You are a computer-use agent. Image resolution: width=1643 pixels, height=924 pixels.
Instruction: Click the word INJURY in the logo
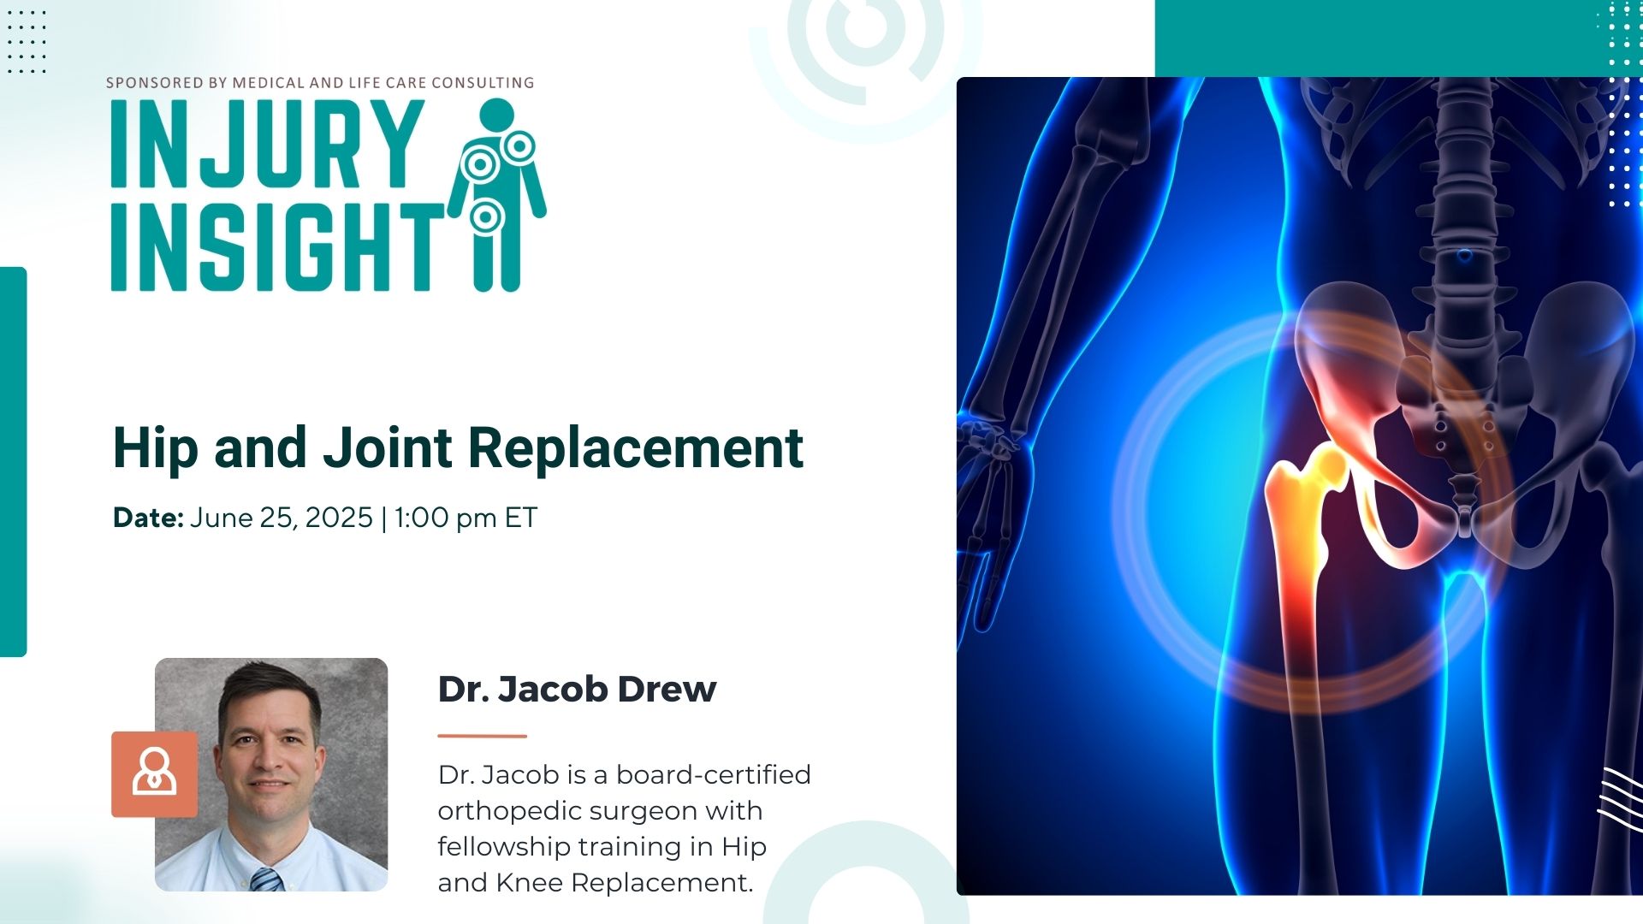[268, 144]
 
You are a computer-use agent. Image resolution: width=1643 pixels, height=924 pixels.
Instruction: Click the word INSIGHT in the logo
[278, 246]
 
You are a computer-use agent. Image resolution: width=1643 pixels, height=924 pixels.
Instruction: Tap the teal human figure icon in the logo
[496, 194]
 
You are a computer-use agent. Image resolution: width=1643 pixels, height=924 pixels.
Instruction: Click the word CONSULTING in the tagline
[483, 83]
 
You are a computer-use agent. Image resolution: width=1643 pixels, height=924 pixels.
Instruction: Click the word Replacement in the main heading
[637, 447]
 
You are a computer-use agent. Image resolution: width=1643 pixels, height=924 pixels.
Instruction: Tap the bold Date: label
[148, 518]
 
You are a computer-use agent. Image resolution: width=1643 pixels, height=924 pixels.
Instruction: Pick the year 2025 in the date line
[339, 518]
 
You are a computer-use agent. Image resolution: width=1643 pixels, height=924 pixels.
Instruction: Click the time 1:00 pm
[445, 518]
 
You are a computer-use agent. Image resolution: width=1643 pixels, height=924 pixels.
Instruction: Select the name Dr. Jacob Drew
[577, 689]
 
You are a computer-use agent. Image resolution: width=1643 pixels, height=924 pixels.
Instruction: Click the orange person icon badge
[154, 774]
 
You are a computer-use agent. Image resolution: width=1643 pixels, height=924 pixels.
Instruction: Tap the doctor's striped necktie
[267, 880]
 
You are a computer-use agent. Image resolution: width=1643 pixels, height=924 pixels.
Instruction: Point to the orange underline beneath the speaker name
[483, 736]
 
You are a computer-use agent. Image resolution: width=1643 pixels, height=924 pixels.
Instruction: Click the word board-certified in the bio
[714, 774]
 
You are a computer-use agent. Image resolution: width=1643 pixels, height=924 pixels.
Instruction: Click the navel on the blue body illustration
[1464, 256]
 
